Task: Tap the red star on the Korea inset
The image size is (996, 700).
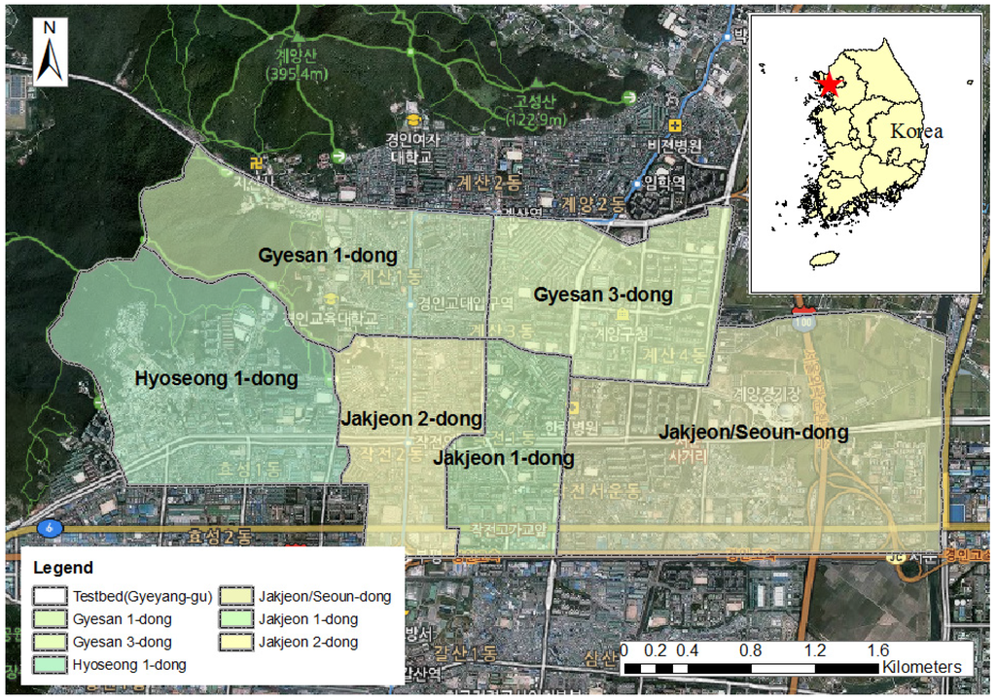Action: point(829,86)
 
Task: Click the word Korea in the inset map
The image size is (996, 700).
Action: point(917,130)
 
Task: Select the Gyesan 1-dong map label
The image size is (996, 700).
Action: point(328,256)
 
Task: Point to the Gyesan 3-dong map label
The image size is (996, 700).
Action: point(603,295)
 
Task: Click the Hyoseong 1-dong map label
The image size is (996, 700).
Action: point(216,378)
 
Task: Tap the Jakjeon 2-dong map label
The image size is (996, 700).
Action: point(411,419)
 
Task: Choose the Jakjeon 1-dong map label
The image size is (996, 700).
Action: point(503,458)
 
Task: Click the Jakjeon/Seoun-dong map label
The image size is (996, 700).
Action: point(754,432)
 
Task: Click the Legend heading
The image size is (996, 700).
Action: point(63,568)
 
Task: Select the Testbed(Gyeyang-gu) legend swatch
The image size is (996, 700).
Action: point(49,596)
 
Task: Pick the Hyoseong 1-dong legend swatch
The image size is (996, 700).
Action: point(49,665)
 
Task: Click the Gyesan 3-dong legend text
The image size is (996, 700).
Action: point(123,642)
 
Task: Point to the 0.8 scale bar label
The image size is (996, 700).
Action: point(751,650)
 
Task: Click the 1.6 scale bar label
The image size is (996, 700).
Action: point(878,650)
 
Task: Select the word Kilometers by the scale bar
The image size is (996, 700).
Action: point(922,667)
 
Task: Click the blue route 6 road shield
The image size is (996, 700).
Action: point(48,527)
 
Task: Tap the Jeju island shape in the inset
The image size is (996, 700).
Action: point(824,259)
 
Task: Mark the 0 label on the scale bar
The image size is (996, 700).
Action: point(623,650)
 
